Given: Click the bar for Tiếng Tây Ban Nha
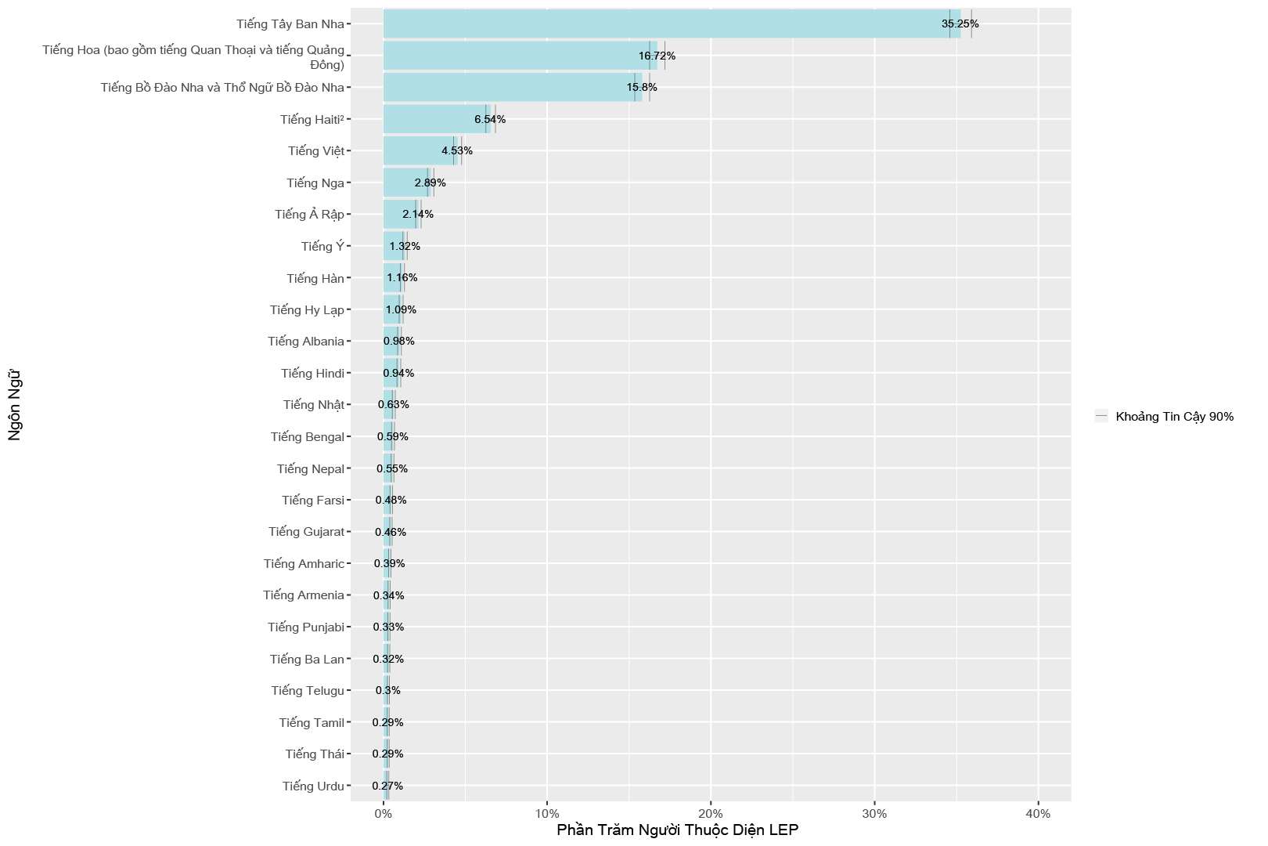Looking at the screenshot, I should click(x=665, y=23).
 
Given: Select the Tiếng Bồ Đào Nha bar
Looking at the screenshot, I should click(x=509, y=87).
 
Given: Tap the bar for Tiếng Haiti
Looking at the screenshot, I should click(x=434, y=119).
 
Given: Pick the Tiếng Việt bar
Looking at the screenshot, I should click(x=415, y=150).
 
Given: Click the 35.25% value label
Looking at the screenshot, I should click(x=960, y=23).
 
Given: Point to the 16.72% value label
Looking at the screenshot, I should click(x=657, y=56).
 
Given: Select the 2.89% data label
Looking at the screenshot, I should click(x=430, y=183).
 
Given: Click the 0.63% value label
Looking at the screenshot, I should click(x=393, y=404).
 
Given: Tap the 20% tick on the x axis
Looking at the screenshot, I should click(x=711, y=813).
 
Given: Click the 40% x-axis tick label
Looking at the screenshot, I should click(x=1038, y=813).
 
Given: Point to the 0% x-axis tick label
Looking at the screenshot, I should click(x=384, y=813).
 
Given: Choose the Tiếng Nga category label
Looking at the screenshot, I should click(x=315, y=183).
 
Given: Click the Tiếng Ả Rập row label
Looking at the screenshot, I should click(x=309, y=214).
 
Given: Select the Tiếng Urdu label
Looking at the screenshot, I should click(x=313, y=786).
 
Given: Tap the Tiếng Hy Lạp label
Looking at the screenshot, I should click(x=307, y=309).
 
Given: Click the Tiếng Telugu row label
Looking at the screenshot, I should click(x=308, y=690).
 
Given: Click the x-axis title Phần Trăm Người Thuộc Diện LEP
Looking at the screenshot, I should click(x=677, y=830).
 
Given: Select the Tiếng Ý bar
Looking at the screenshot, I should click(x=393, y=246).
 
